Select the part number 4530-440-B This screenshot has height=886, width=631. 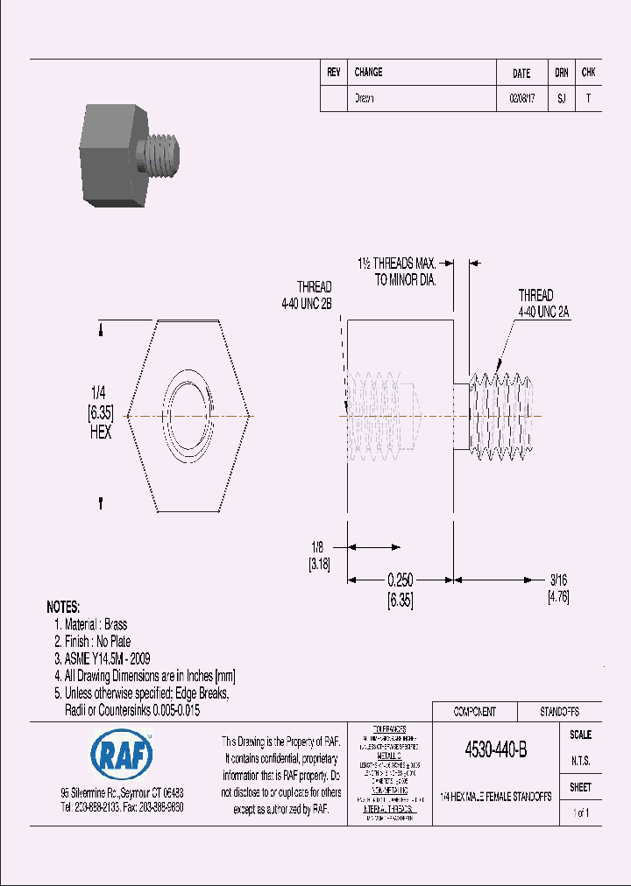pos(495,750)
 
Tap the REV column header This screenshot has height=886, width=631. pos(334,73)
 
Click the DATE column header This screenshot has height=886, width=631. pos(521,74)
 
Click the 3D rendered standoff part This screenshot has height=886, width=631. pos(131,157)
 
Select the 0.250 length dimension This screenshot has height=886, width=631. pos(400,580)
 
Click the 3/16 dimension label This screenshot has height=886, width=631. pos(558,580)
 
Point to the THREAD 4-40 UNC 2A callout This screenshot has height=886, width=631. pos(535,303)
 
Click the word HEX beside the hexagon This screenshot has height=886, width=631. pos(100,432)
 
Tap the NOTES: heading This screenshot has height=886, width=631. pos(63,607)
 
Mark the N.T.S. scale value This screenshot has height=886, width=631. pos(580,761)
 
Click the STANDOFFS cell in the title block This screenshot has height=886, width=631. pos(557,712)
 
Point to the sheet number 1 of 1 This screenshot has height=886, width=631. pos(580,813)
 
